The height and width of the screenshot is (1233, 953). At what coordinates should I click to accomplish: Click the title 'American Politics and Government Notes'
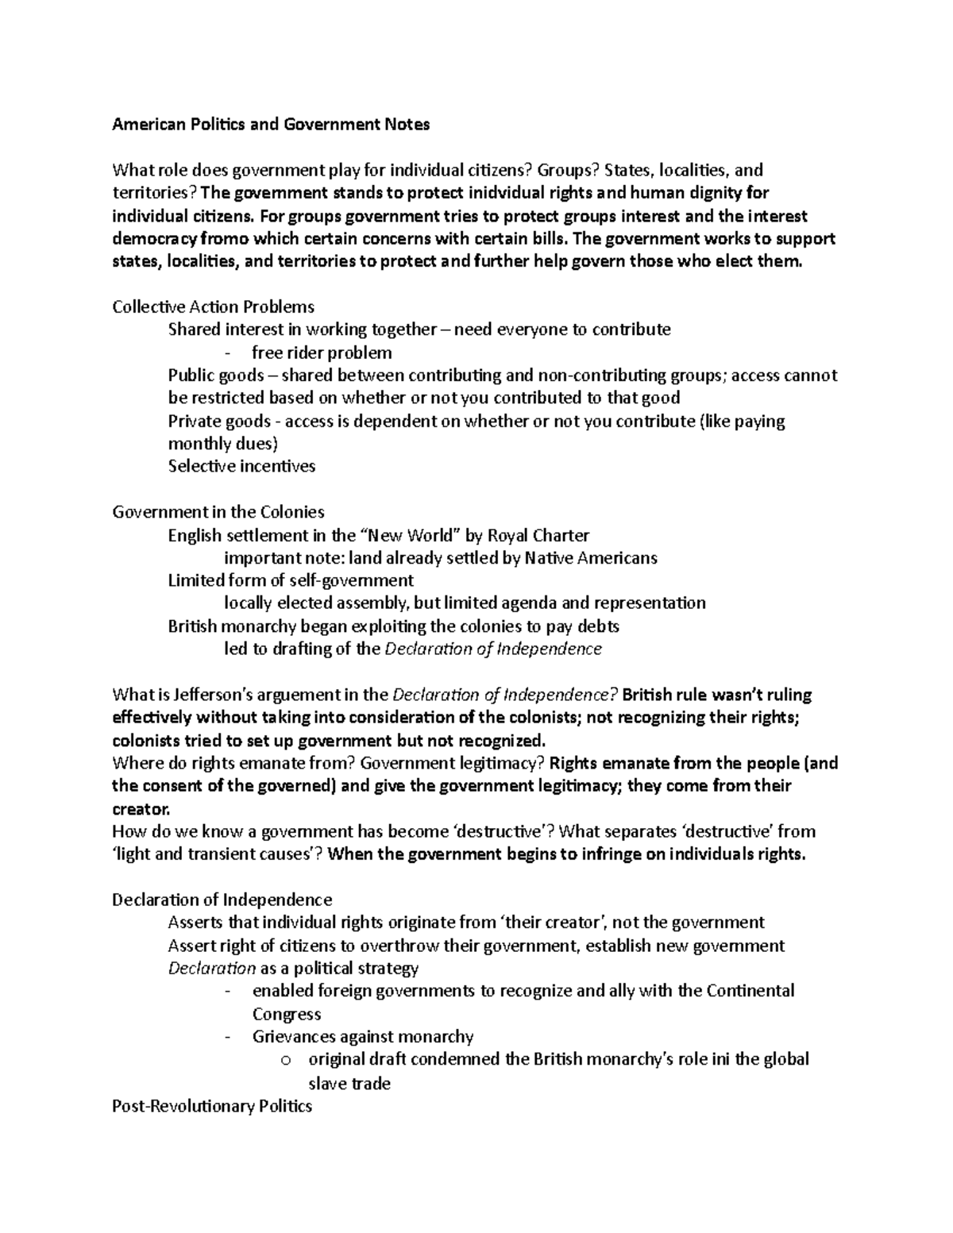tap(271, 124)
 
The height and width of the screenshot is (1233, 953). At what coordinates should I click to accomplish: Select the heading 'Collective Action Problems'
tap(213, 306)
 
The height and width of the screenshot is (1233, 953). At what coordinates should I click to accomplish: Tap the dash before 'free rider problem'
tap(229, 353)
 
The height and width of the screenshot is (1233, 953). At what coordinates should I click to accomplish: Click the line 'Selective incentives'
tap(241, 466)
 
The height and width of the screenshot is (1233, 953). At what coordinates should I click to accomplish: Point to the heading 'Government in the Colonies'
tap(218, 512)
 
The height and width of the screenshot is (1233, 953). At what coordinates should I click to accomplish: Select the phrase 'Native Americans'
tap(591, 558)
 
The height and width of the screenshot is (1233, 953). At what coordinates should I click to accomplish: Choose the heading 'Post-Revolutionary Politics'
tap(212, 1106)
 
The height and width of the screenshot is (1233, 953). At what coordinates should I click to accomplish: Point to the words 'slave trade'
tap(349, 1083)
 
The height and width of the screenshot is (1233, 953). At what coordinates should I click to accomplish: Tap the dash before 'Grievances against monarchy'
tap(229, 1037)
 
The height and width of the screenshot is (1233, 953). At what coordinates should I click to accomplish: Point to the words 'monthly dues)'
tap(223, 444)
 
